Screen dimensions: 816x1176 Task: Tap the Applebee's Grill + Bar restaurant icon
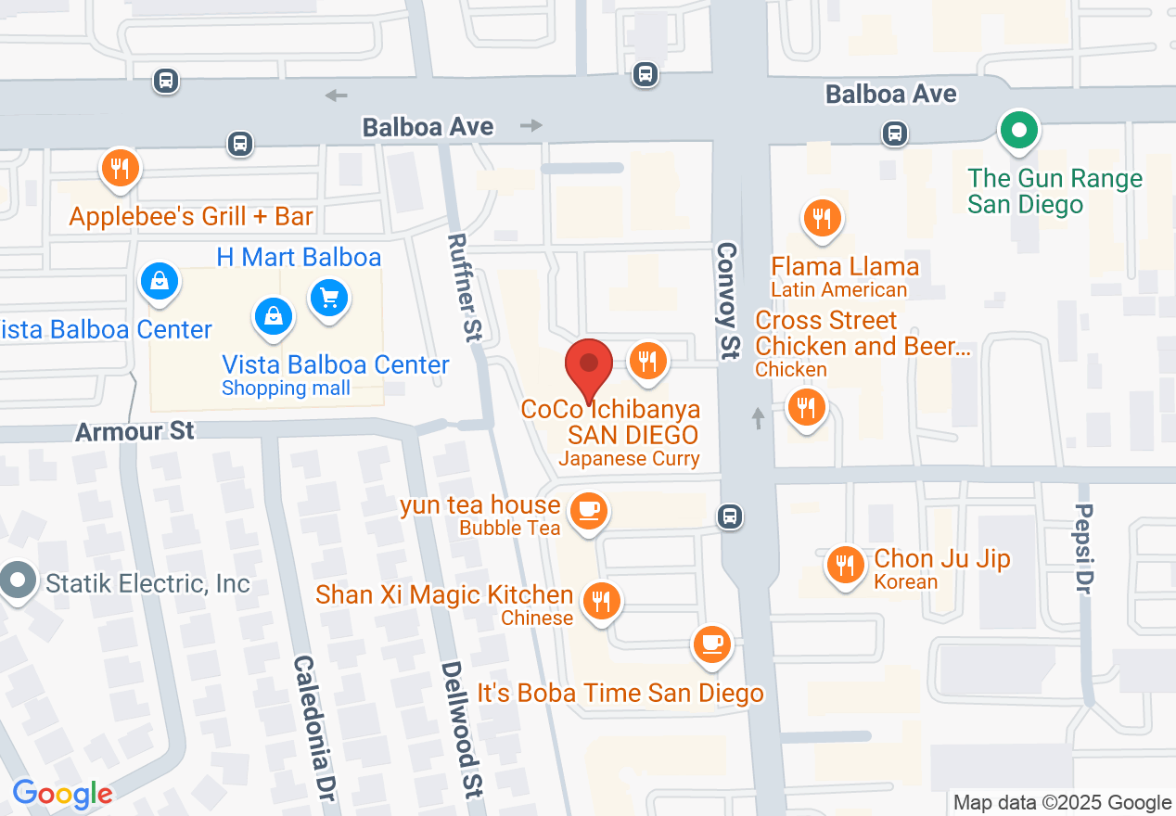tap(120, 169)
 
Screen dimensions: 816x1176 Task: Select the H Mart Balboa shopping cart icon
tap(329, 298)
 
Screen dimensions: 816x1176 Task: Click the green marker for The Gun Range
tap(1019, 131)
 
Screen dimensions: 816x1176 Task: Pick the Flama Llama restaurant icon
tap(821, 219)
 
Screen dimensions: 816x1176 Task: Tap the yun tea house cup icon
tap(588, 509)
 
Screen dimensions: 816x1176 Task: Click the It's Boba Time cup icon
tap(712, 643)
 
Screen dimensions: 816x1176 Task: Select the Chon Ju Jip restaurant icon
tap(844, 563)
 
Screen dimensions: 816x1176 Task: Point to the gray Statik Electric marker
tap(17, 582)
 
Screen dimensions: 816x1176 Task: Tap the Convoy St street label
tap(728, 300)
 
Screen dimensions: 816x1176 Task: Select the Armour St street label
tap(135, 431)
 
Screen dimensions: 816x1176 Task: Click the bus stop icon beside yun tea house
tap(730, 516)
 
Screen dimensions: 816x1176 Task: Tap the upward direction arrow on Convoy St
tap(758, 418)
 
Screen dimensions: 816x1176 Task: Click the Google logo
tap(62, 794)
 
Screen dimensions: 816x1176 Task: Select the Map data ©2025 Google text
tap(1062, 802)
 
